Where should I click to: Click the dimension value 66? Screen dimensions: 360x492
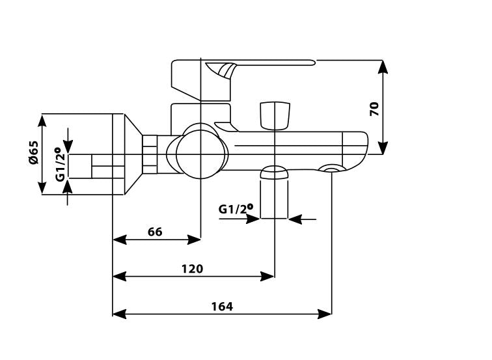pos(155,232)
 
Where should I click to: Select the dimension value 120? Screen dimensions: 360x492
pos(192,268)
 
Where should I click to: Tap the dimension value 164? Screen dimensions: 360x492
pos(221,306)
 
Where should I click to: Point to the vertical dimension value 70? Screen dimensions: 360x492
pos(374,108)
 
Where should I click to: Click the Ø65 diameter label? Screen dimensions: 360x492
pos(34,154)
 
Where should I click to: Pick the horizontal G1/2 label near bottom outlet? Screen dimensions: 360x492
pos(235,209)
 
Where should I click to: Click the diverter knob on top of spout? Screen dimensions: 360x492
pos(274,115)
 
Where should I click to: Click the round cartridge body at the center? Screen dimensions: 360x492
pos(200,151)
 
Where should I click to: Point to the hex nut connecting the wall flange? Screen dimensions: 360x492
pos(150,154)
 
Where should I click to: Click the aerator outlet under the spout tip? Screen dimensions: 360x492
pos(332,171)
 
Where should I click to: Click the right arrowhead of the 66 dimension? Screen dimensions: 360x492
pos(195,240)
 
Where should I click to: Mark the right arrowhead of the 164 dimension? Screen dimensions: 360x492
pos(326,314)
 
